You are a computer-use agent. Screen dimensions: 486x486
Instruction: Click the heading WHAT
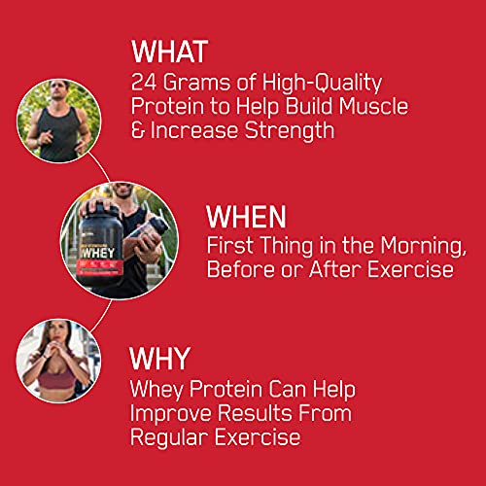point(169,52)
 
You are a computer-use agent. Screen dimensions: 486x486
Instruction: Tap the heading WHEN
point(246,217)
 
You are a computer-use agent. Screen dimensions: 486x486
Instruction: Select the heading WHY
point(159,358)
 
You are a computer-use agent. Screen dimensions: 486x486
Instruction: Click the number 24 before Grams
point(144,83)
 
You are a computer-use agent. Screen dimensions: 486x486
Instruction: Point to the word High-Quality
point(322,84)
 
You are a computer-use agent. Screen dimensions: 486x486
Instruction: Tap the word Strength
point(290,131)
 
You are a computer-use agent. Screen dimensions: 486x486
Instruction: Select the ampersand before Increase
point(137,130)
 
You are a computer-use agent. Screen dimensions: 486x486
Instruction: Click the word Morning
point(423,246)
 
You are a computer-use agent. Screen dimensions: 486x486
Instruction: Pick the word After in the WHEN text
point(335,269)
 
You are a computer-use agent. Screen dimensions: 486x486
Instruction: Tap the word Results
point(255,413)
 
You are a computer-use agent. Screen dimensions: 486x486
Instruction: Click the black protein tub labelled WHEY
point(99,245)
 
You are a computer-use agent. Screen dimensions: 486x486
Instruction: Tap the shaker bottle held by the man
point(147,236)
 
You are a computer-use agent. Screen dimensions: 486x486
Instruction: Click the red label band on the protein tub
point(100,266)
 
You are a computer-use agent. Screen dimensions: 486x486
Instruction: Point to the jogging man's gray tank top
point(60,133)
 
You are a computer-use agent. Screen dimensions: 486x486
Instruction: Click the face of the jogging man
point(59,89)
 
